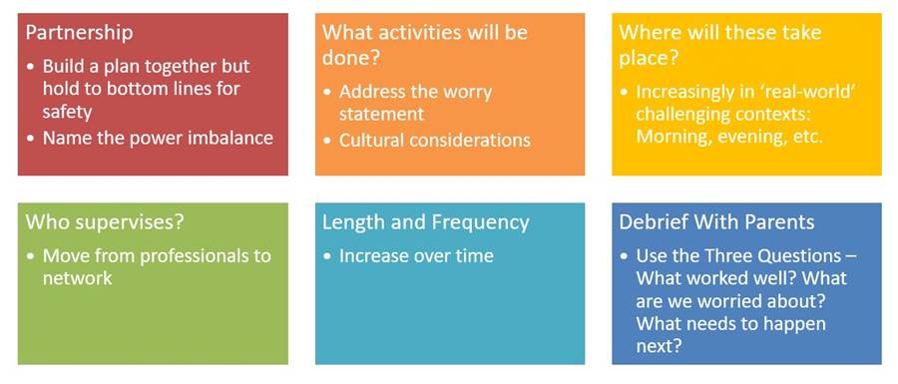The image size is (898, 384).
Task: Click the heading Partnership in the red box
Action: [x=79, y=32]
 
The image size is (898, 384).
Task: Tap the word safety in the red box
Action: [x=67, y=111]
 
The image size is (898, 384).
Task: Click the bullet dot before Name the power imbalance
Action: [x=30, y=139]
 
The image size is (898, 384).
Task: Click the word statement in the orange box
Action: [x=381, y=114]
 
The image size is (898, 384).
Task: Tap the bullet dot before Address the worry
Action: [x=327, y=92]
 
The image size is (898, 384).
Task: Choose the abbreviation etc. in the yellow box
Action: [x=806, y=138]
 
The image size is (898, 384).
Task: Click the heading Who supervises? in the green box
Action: [x=106, y=222]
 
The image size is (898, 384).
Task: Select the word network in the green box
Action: [x=77, y=278]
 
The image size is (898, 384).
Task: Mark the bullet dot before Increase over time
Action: [x=327, y=255]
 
